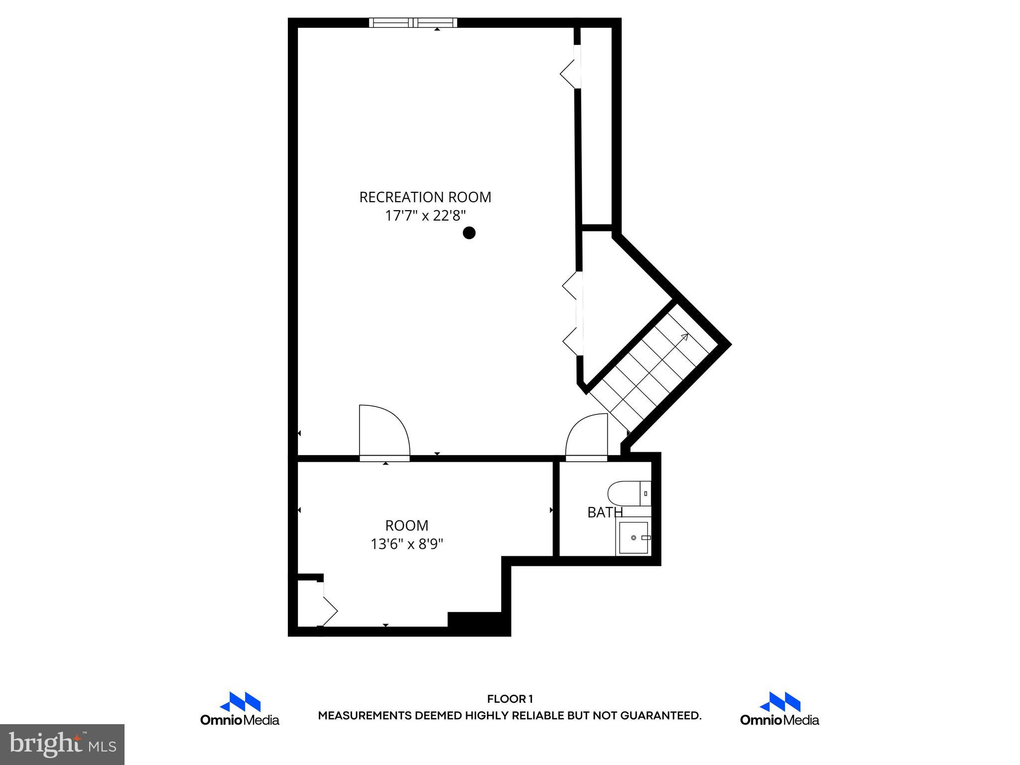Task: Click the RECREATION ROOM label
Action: (x=425, y=197)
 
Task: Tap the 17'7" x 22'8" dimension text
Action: (x=425, y=216)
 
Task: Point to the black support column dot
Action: (x=469, y=233)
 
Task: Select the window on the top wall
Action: (x=413, y=22)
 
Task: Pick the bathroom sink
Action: (x=634, y=538)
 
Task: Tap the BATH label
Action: (x=605, y=512)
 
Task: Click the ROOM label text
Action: (x=406, y=525)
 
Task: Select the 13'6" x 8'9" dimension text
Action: (x=406, y=544)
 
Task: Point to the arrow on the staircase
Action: (x=683, y=338)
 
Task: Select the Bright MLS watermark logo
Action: (x=62, y=744)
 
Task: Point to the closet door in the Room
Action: (x=329, y=611)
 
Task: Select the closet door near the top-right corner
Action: (x=569, y=74)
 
